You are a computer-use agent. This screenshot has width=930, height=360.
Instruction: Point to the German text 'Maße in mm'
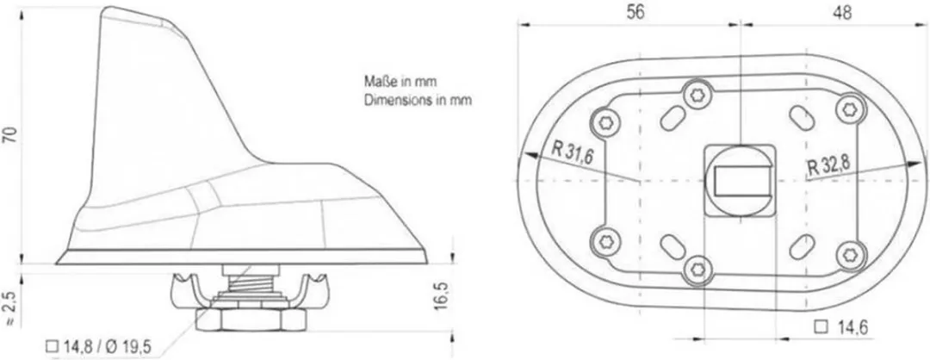pos(400,82)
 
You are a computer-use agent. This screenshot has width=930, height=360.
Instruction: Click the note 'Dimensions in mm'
pos(418,99)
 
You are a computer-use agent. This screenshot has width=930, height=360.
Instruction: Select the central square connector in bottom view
pos(739,179)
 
